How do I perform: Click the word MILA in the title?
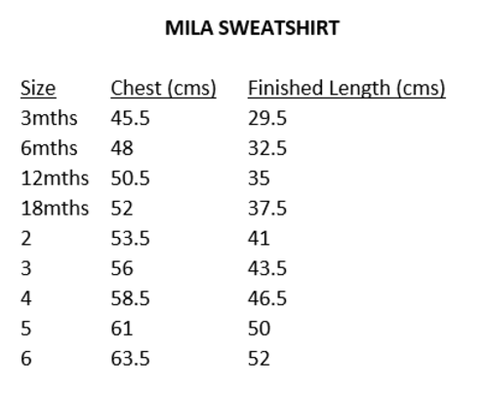coord(189,28)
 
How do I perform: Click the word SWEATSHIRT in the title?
coord(279,28)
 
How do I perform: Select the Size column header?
coord(38,89)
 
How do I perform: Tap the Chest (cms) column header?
coord(163,89)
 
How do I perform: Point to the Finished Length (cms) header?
coord(346,89)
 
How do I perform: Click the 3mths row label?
coord(49,118)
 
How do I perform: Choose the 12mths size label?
coord(55,178)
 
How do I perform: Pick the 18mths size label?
coord(55,208)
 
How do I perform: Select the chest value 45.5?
coord(130,118)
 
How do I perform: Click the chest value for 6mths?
coord(122,148)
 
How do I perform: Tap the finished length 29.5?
coord(267,118)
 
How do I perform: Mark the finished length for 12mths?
coord(259,178)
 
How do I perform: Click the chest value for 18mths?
coord(122,208)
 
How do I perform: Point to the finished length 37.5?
coord(267,208)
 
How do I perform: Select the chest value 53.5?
coord(130,238)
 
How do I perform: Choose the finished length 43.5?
coord(267,268)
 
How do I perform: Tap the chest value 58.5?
coord(130,298)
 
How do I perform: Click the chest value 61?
coord(122,329)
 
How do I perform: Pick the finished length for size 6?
coord(259,359)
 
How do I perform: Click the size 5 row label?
coord(26,329)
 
